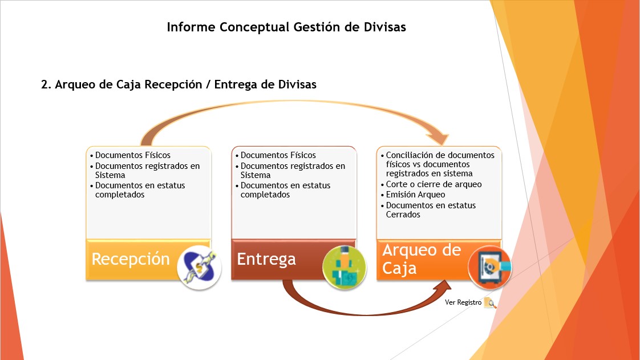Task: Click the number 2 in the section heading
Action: coord(44,84)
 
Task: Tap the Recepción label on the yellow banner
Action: coord(131,260)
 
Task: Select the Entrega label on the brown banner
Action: coord(266,259)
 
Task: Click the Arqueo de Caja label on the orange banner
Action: coord(422,259)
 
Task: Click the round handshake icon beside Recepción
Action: coord(199,268)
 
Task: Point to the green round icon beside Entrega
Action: coord(345,268)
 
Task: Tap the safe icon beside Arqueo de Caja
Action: coord(490,268)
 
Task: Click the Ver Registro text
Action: coord(463,302)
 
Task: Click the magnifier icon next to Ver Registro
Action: coord(490,303)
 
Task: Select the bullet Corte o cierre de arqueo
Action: coord(434,184)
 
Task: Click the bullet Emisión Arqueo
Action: coord(415,195)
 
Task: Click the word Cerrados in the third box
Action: coord(403,215)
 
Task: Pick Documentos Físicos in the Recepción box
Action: coord(133,155)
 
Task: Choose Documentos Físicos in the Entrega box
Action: coord(278,155)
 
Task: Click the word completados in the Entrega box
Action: coord(265,195)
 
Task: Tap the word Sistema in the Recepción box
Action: coord(110,175)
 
